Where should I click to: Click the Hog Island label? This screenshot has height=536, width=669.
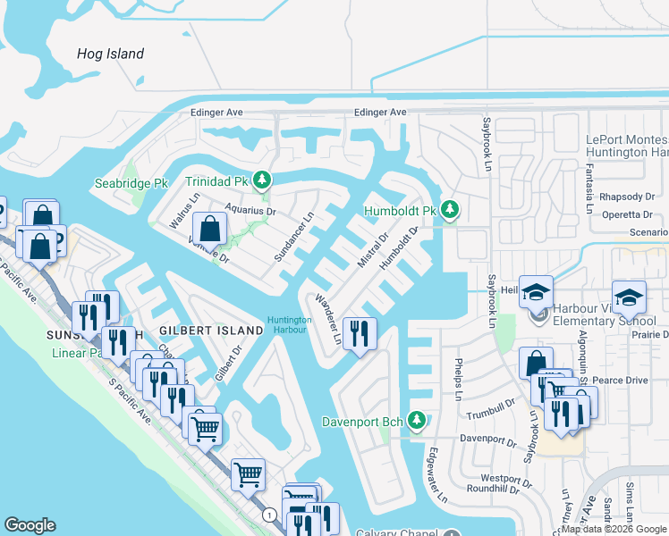click(110, 54)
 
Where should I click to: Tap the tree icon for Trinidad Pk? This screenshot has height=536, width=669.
click(261, 180)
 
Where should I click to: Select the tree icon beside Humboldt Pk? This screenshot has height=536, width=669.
click(449, 211)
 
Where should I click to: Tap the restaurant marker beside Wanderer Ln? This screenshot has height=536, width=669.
click(360, 335)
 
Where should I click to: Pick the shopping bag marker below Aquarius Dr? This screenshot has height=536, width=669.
click(208, 230)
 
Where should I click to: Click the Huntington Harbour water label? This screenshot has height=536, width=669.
click(288, 325)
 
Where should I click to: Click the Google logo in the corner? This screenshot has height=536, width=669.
click(30, 525)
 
